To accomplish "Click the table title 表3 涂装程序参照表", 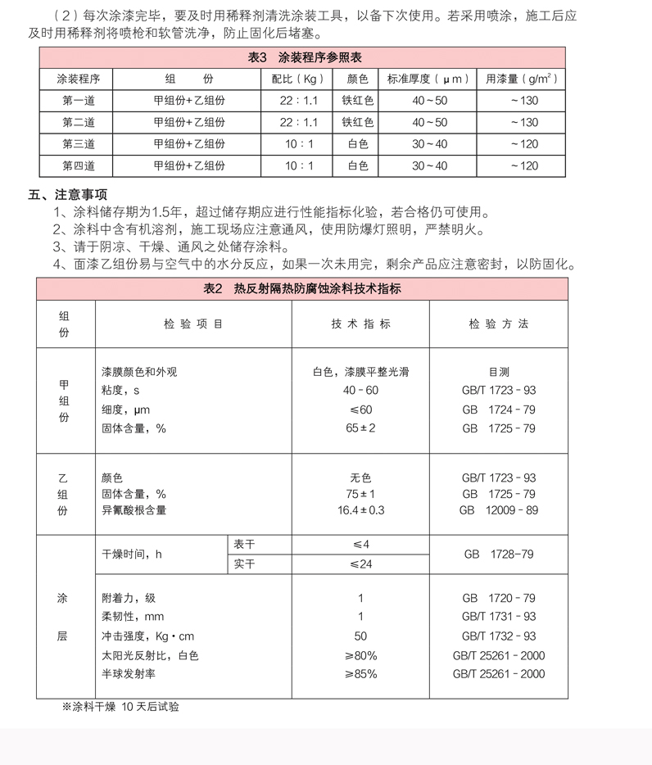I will [x=304, y=57].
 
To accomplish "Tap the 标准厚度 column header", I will [x=428, y=79].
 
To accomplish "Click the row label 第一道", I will [x=79, y=101].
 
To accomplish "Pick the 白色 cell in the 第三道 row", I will [x=358, y=144].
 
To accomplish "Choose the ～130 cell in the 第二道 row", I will [x=523, y=122].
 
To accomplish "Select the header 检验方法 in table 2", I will [x=499, y=324].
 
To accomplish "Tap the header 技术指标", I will [x=360, y=324].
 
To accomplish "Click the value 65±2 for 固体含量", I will [x=360, y=428].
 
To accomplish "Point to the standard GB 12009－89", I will [x=499, y=510].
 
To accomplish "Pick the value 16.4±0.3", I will [x=360, y=510].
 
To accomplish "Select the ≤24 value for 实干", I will [x=360, y=564].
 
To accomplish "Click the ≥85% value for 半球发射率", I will [x=360, y=674].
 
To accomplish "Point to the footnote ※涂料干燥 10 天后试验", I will [x=120, y=706].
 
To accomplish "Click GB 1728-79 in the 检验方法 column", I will [x=498, y=555].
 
